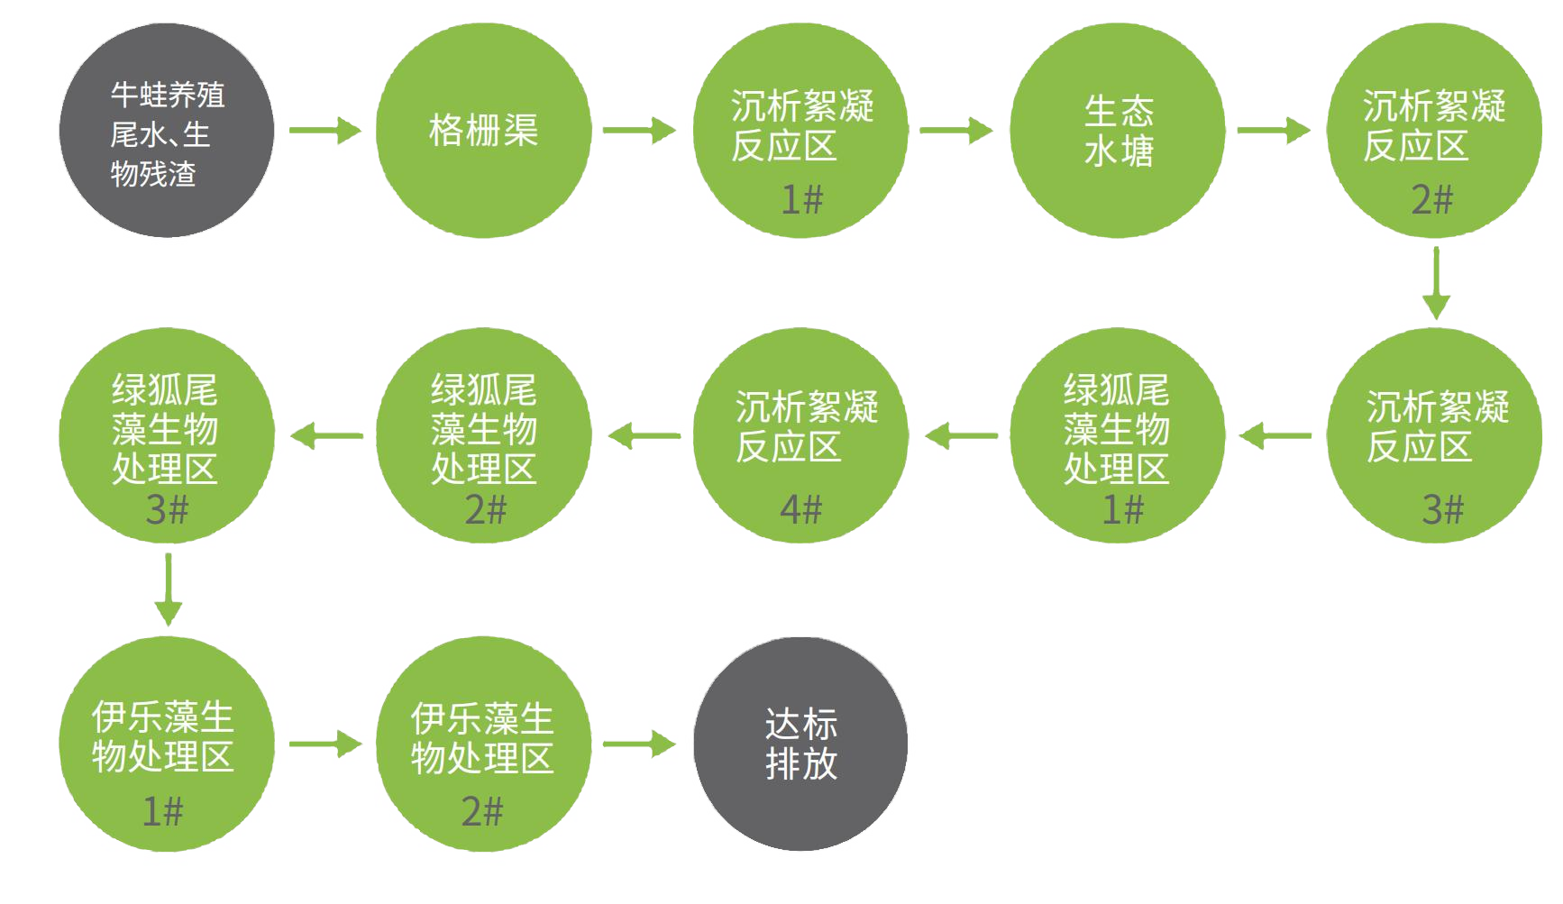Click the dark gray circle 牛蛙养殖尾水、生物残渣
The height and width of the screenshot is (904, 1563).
point(167,131)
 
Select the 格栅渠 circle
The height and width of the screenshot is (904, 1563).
point(483,131)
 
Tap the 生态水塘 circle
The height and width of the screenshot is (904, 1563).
point(1118,131)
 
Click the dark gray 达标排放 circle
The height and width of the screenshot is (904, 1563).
point(800,744)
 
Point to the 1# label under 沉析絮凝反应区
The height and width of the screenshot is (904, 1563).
point(801,199)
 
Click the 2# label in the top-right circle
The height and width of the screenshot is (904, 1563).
point(1432,199)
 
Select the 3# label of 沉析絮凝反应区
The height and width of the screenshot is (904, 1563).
point(1442,510)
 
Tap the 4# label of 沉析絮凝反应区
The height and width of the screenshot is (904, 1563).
point(801,510)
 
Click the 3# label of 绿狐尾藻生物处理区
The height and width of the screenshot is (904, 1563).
point(167,510)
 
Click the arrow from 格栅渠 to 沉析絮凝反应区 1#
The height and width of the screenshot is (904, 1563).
point(639,131)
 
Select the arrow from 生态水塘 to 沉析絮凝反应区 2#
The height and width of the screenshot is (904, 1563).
point(1274,131)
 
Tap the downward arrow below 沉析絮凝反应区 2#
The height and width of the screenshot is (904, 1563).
point(1435,282)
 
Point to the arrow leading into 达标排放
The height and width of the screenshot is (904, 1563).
point(639,744)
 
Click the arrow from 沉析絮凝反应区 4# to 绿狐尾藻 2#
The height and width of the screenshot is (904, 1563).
point(644,437)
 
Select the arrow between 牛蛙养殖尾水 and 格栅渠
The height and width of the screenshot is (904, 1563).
point(324,131)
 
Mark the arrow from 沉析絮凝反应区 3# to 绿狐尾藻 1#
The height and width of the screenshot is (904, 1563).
point(1275,437)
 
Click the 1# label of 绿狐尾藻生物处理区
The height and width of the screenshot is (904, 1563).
point(1122,510)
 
